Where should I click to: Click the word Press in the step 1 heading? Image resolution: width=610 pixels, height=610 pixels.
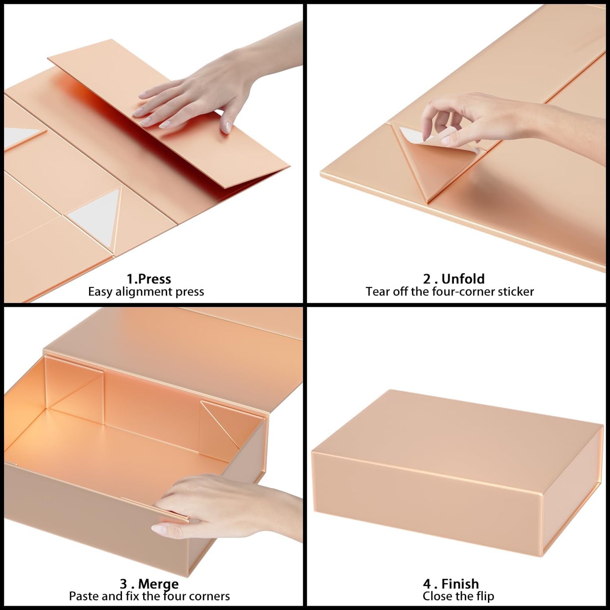pos(155,279)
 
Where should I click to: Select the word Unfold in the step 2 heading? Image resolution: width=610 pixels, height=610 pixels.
pos(463,279)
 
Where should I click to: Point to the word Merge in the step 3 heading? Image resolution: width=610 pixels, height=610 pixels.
pos(158,584)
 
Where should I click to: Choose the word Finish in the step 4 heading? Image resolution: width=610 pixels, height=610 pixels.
pos(460,584)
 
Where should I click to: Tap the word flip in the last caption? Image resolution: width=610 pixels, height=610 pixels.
pos(484,596)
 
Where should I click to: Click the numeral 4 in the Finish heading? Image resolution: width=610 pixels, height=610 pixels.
pos(427,584)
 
